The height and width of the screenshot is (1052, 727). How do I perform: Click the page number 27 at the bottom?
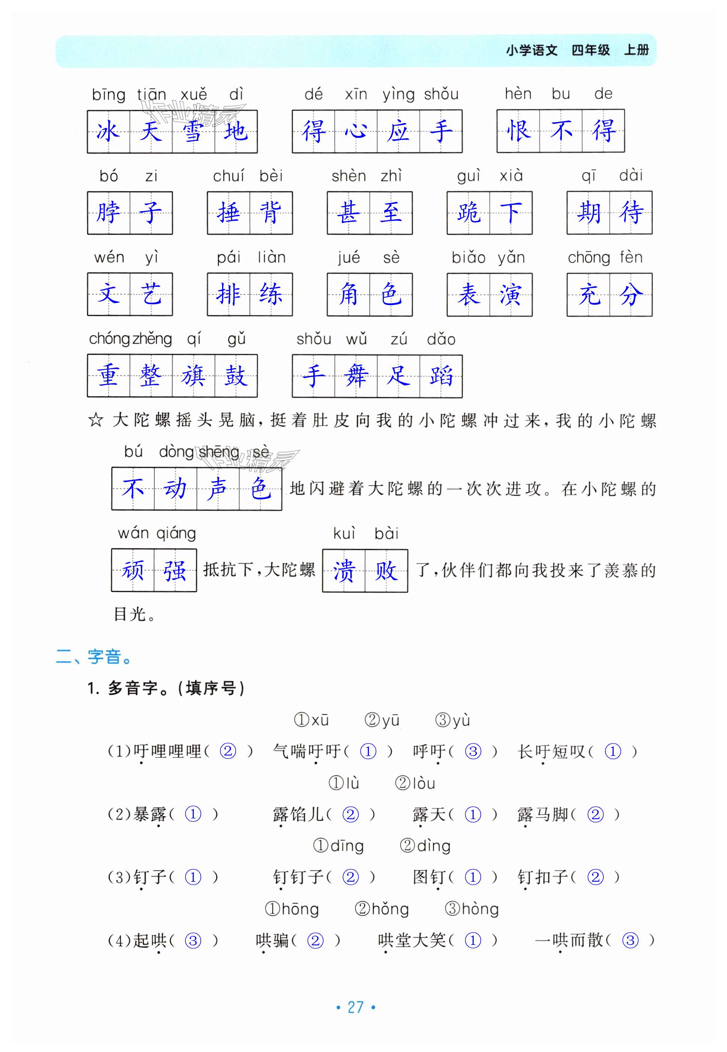point(355,1007)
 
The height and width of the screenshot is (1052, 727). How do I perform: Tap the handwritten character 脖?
point(108,213)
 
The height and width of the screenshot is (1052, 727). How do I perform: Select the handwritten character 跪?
point(468,213)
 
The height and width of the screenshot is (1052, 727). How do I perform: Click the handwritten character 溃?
point(343,571)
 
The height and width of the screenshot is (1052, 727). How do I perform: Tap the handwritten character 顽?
point(133,571)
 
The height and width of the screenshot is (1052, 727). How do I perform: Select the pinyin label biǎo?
point(468,258)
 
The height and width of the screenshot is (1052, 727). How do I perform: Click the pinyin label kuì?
point(344,533)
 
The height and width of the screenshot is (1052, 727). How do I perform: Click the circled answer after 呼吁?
point(473,751)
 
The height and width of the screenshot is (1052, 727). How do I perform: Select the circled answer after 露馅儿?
point(350,814)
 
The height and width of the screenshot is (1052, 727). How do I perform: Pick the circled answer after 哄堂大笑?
point(473,940)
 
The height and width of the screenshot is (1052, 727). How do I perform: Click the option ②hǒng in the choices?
point(382,909)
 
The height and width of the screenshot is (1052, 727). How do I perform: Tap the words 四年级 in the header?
point(590,50)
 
